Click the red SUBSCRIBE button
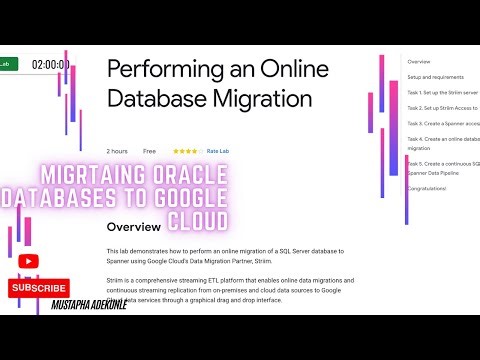pyautogui.click(x=38, y=288)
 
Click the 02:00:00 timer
pyautogui.click(x=50, y=64)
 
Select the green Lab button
pyautogui.click(x=6, y=63)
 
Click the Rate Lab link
pyautogui.click(x=217, y=151)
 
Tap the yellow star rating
pyautogui.click(x=186, y=151)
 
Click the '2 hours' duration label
pyautogui.click(x=117, y=151)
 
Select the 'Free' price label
pyautogui.click(x=149, y=151)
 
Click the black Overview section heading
pyautogui.click(x=134, y=227)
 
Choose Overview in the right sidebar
pyautogui.click(x=419, y=61)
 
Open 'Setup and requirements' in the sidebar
pyautogui.click(x=435, y=77)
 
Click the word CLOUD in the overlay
pyautogui.click(x=196, y=218)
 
